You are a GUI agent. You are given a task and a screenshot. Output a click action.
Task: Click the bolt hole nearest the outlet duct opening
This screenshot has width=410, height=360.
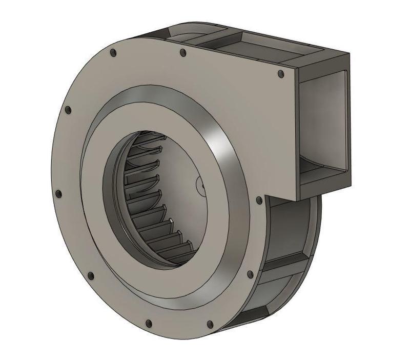click(280, 74)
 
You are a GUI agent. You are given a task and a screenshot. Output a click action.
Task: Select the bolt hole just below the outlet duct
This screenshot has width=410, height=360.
click(259, 200)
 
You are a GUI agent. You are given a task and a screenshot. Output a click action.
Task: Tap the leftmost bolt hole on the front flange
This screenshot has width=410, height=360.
click(58, 194)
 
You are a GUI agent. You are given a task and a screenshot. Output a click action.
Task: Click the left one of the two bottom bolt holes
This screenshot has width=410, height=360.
click(149, 324)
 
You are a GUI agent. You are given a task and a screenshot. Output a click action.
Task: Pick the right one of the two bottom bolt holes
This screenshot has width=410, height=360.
click(210, 324)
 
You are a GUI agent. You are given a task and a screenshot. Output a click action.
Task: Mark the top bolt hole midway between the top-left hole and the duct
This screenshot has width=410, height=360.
click(183, 52)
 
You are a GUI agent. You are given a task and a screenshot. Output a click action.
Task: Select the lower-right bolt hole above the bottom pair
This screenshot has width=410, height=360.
click(250, 275)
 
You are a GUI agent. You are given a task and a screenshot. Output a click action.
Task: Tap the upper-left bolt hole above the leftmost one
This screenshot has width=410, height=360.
click(68, 110)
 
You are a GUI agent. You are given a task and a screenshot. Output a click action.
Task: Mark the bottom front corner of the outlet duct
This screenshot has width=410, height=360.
click(298, 197)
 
